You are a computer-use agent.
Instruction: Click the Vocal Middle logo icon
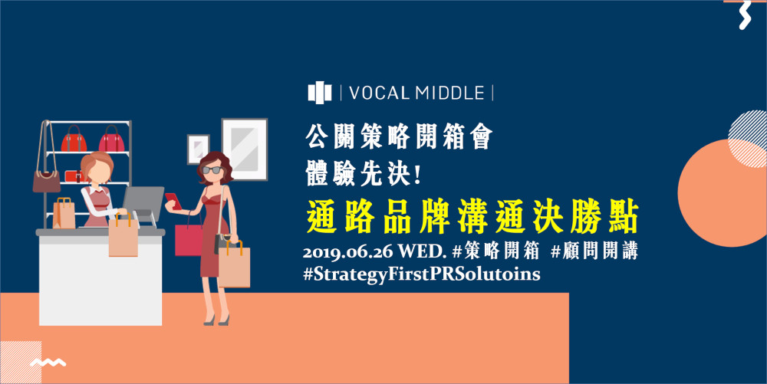click(319, 93)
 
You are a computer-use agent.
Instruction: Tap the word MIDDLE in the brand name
click(450, 93)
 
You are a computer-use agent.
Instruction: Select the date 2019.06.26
click(347, 252)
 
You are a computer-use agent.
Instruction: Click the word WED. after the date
click(421, 252)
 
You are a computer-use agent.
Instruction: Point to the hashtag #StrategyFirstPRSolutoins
click(422, 274)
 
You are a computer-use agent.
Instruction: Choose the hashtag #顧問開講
click(594, 251)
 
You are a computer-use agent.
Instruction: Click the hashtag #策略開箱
click(495, 251)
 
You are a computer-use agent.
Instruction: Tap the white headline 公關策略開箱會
click(399, 136)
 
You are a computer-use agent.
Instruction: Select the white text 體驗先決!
click(364, 172)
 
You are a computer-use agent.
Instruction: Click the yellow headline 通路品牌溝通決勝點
click(472, 216)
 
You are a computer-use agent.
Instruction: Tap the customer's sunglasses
click(212, 170)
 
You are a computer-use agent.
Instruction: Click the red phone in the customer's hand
click(173, 201)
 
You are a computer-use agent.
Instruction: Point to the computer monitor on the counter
click(143, 204)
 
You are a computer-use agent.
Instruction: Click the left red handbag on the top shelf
click(74, 139)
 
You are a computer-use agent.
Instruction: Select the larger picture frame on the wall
click(245, 149)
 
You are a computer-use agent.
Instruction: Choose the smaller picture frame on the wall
click(198, 149)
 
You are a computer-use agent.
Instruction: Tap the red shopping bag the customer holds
click(189, 239)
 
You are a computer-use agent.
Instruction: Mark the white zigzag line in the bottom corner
click(48, 362)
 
